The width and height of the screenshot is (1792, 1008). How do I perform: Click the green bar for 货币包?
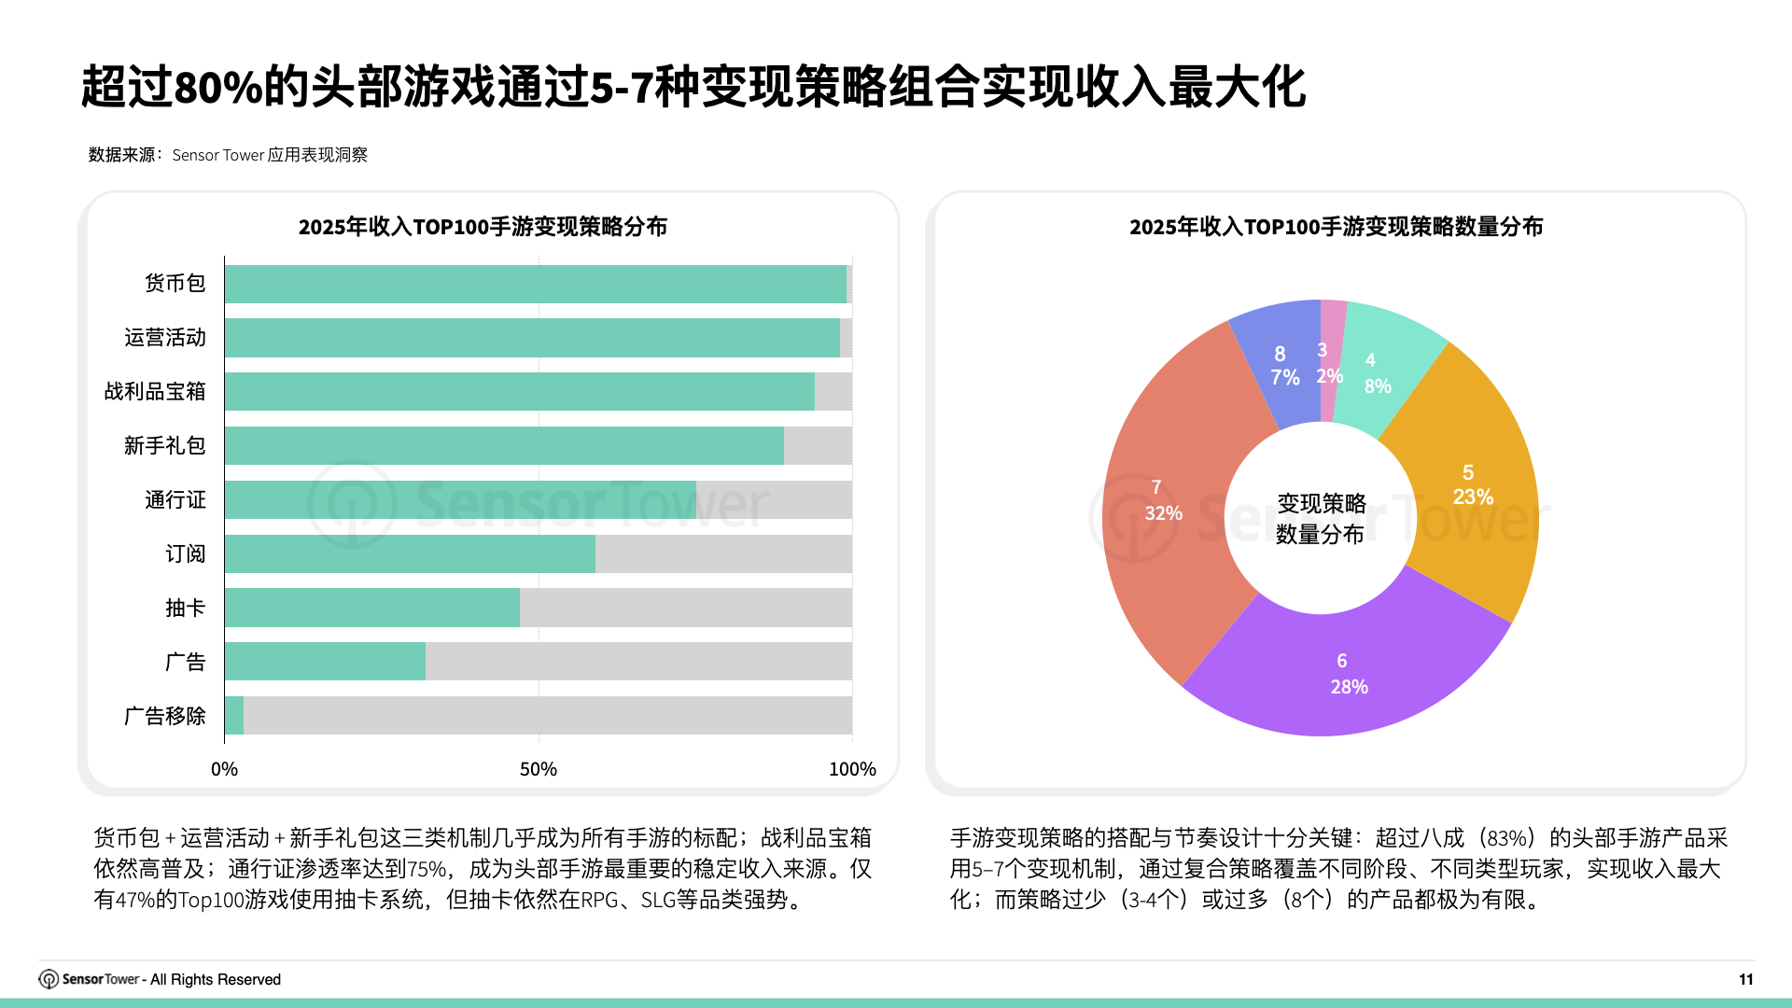[x=535, y=284]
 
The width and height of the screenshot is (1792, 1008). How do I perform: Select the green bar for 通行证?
[x=460, y=500]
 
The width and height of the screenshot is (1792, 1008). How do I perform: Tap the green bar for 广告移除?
[x=234, y=716]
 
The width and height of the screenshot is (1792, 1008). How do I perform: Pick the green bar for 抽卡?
[x=371, y=608]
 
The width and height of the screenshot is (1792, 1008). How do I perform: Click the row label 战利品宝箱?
[x=155, y=392]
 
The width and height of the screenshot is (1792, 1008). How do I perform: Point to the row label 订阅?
[x=185, y=554]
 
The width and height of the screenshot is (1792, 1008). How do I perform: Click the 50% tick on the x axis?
[x=539, y=769]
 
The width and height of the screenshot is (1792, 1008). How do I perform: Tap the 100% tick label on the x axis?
[x=851, y=769]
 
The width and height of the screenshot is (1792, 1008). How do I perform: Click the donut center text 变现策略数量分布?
[x=1321, y=519]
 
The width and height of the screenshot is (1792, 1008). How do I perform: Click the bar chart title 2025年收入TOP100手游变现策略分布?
[x=483, y=227]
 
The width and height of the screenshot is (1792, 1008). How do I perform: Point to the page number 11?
[x=1745, y=979]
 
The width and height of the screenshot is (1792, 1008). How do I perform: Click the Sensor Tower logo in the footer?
[x=49, y=979]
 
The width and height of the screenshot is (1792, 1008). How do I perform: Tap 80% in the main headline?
[x=217, y=88]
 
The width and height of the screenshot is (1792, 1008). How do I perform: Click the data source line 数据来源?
[x=228, y=155]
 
